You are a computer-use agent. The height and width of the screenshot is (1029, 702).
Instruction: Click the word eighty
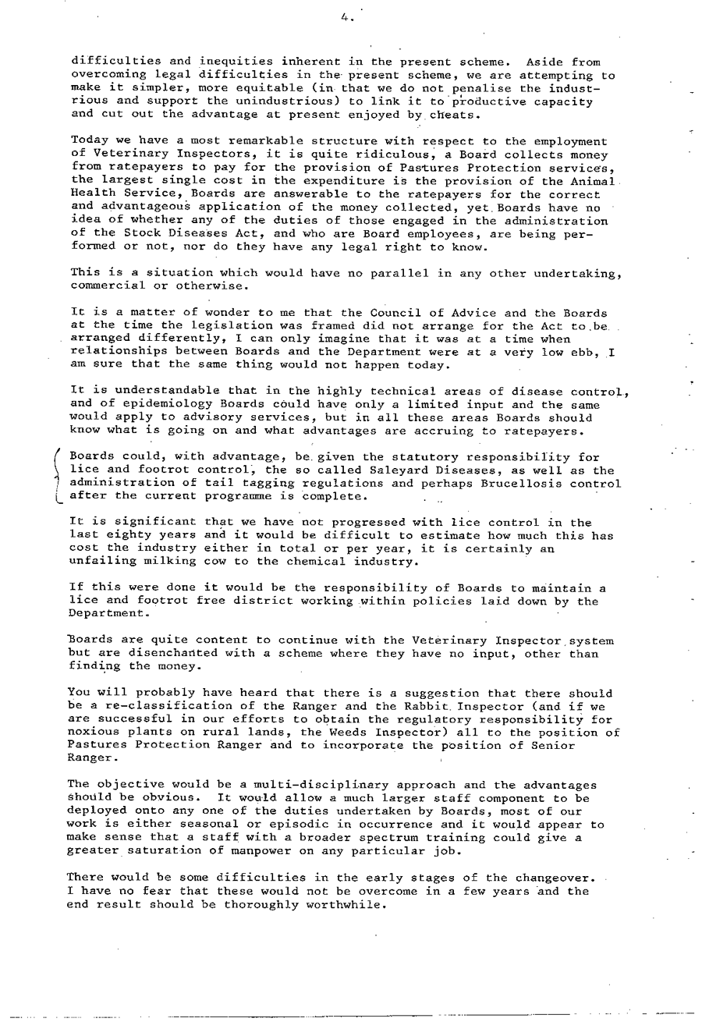pyautogui.click(x=127, y=537)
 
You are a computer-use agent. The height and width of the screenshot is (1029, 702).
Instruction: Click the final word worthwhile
pyautogui.click(x=344, y=905)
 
